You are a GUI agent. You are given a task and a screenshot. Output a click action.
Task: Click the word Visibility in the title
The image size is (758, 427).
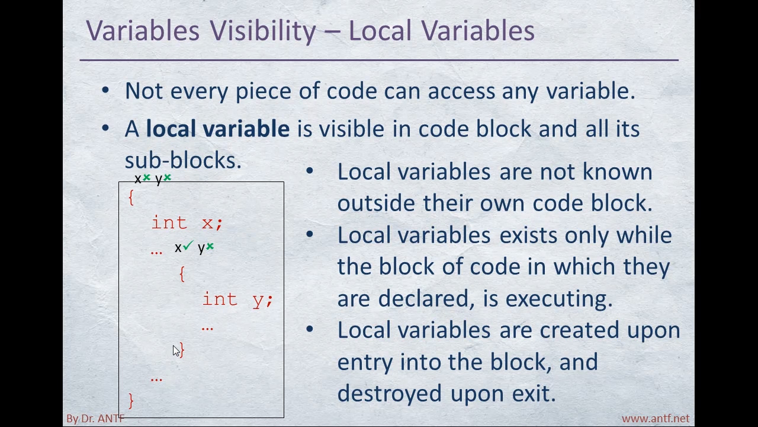262,31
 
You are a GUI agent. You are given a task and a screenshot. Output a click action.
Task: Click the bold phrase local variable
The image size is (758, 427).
217,129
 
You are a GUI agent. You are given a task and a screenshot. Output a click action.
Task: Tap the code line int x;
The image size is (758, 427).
187,222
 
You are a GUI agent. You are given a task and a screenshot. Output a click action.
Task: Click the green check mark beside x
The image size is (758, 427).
188,245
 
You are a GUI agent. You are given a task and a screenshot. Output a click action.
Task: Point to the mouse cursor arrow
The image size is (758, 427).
176,351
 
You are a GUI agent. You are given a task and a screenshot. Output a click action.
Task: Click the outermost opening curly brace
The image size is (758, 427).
131,197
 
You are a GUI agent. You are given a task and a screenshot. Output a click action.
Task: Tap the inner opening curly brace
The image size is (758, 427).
182,274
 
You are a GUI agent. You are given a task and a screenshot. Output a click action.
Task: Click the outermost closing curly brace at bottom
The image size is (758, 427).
131,401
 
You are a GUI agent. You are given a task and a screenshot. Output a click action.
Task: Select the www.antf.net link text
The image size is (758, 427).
656,419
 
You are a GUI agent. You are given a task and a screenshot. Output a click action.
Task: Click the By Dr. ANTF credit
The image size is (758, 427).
95,419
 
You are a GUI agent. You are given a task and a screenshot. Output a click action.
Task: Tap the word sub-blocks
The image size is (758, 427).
183,160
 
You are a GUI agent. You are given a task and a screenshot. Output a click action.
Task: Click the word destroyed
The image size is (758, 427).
390,393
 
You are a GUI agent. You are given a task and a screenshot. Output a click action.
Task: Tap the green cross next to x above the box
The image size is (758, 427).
146,177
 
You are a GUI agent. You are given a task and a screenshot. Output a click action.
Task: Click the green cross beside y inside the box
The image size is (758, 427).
210,246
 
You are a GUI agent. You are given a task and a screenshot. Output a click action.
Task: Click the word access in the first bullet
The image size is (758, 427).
461,91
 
